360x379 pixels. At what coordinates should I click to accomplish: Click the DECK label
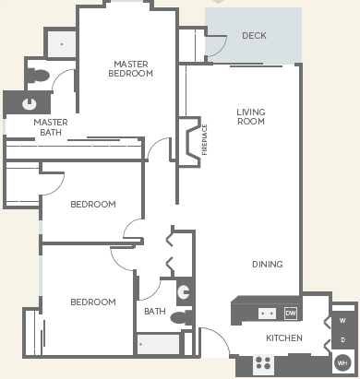254,36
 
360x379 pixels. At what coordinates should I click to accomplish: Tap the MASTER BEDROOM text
130,68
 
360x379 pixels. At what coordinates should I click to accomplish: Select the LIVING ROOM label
251,117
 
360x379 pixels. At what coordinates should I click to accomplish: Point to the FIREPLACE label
205,140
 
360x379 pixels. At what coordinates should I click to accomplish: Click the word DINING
268,265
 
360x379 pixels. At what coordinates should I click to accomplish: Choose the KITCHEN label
284,338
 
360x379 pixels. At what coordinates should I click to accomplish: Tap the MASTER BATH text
51,127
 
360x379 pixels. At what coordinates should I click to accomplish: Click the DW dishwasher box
291,313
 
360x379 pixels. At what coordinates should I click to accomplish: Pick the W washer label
342,321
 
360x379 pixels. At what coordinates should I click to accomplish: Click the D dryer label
342,340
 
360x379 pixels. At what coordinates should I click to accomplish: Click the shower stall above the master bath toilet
61,43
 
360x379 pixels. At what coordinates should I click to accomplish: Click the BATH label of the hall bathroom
154,312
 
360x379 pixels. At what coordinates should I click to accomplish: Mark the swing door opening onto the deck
215,44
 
